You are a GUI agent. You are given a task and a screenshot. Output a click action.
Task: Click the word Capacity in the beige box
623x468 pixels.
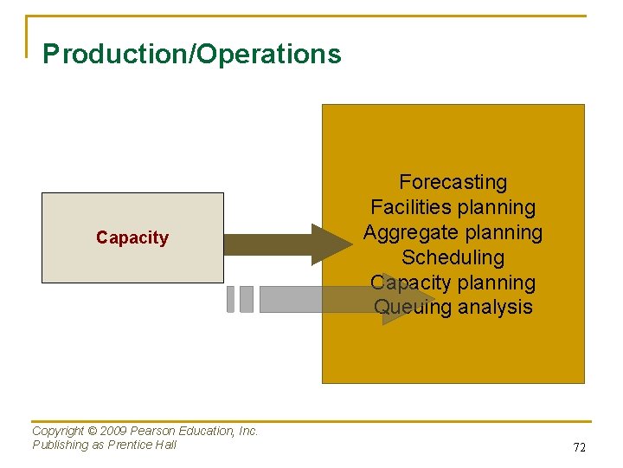point(132,237)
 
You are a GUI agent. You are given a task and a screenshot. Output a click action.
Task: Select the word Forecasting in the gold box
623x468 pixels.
point(453,182)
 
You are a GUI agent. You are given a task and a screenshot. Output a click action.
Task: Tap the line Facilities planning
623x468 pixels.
point(453,207)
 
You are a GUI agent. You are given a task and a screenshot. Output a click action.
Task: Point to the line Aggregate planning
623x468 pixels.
point(453,232)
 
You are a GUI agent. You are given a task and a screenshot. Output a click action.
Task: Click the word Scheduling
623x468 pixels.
point(453,257)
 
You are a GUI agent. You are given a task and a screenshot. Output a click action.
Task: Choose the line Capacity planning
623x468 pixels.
point(453,283)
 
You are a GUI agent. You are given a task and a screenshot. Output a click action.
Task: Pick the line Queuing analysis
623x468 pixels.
point(453,307)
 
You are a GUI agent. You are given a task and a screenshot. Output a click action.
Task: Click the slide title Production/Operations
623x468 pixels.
point(192,55)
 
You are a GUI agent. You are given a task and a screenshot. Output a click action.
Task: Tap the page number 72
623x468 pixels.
point(579,447)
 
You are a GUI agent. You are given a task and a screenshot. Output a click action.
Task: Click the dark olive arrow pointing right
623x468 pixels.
point(286,244)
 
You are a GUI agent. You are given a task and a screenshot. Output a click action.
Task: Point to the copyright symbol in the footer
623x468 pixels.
point(97,431)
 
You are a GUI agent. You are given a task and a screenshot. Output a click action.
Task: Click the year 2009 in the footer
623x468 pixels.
point(117,431)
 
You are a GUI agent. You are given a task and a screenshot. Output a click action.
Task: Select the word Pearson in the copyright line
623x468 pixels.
point(154,431)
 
